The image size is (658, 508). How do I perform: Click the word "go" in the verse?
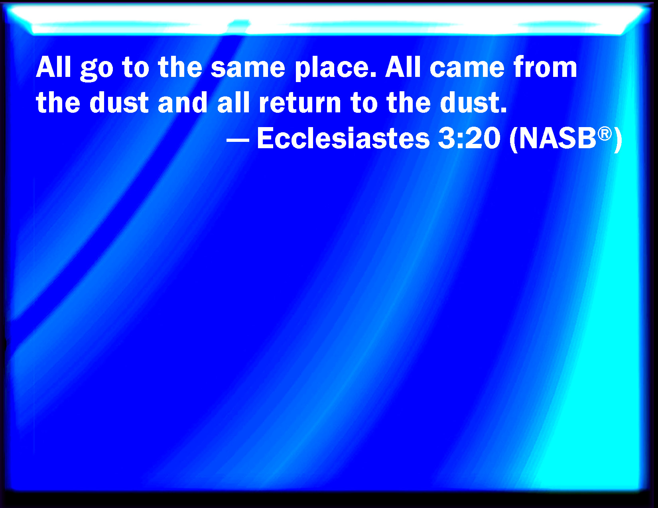[97, 70]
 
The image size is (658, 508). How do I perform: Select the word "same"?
[248, 68]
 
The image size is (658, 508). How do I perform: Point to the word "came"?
[467, 68]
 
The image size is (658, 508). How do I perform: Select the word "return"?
[300, 104]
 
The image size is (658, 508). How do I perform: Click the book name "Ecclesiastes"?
[343, 138]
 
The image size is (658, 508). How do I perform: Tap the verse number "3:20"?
[469, 138]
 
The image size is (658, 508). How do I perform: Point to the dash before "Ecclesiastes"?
[238, 140]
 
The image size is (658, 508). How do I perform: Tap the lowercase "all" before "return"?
[233, 102]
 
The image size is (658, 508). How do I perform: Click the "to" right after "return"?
[364, 103]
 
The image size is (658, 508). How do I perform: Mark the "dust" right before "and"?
[119, 102]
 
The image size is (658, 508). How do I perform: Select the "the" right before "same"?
[180, 67]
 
